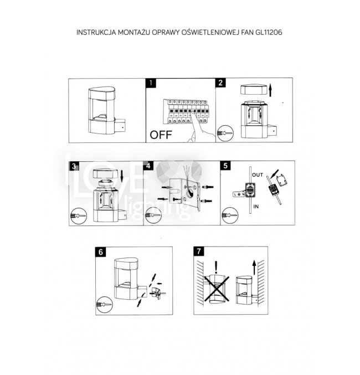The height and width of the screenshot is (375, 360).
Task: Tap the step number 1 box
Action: [151, 84]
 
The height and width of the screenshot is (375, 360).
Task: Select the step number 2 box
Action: [221, 84]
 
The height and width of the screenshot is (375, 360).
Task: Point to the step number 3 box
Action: [75, 166]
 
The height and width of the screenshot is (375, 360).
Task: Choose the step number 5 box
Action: [225, 166]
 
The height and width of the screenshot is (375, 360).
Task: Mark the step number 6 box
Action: [100, 251]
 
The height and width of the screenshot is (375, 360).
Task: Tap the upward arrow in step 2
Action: [270, 89]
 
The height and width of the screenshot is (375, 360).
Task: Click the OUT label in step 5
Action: [257, 174]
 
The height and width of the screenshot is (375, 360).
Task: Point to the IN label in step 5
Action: [256, 206]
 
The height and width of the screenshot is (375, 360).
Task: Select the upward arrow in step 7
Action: [254, 267]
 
